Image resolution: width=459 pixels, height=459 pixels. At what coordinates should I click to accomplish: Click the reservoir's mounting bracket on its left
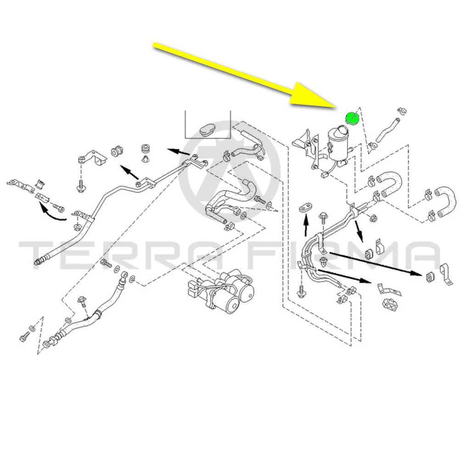[306, 148]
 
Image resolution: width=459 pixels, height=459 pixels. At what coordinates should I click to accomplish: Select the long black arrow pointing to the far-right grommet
[376, 263]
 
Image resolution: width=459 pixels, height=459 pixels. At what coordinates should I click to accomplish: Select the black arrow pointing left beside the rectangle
[179, 152]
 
